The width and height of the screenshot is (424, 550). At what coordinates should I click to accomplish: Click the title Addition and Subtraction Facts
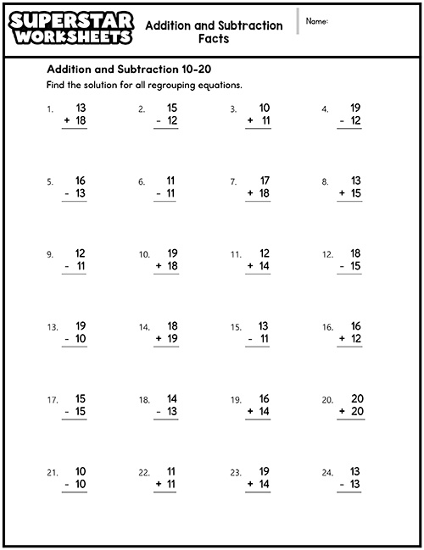click(x=214, y=32)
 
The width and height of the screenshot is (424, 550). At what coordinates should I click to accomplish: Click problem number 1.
click(x=50, y=109)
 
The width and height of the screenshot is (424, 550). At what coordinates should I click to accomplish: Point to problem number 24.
click(x=326, y=472)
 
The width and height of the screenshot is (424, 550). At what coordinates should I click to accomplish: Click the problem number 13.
click(x=52, y=327)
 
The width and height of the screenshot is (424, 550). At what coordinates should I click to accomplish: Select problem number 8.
click(x=325, y=181)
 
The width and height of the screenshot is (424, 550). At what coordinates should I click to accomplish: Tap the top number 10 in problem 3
click(x=264, y=108)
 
